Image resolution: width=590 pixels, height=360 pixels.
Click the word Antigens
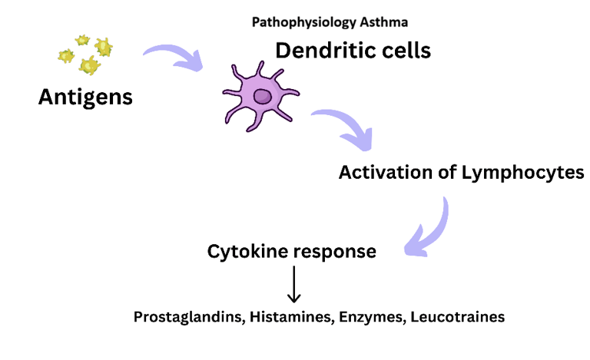(x=85, y=97)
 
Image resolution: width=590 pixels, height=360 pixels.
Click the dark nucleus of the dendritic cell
(x=264, y=96)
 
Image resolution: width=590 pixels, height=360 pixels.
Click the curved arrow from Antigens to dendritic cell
(x=173, y=58)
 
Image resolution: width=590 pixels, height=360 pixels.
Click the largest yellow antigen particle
(x=90, y=66)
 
